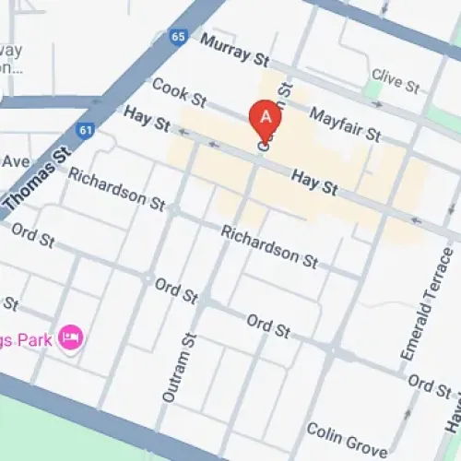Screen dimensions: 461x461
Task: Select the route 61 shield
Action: click(x=85, y=132)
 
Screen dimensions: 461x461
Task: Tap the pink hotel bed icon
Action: click(x=69, y=338)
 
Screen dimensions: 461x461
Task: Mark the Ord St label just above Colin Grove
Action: click(x=428, y=381)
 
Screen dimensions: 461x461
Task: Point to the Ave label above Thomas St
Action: click(x=15, y=162)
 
